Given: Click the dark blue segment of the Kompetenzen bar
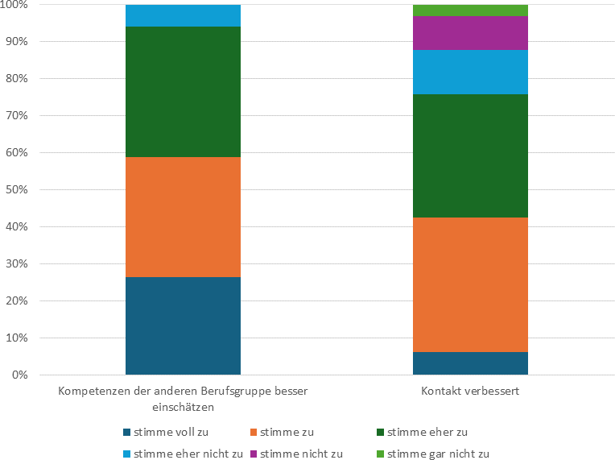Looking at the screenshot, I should tap(183, 325).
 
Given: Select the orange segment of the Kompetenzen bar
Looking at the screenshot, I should tap(183, 217).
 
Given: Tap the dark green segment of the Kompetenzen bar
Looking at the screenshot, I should tap(183, 92).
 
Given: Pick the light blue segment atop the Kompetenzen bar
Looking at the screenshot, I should tap(183, 15).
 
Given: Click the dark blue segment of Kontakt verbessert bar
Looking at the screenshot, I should tap(470, 363).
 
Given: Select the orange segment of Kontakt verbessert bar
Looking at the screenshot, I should tap(470, 284).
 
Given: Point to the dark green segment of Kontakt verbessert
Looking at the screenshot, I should tap(470, 155).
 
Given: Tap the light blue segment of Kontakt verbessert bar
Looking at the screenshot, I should tap(470, 72).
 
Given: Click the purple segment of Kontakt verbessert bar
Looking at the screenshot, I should tap(470, 32).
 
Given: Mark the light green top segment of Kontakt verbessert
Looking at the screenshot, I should tap(470, 10).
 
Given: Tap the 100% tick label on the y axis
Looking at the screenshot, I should tap(14, 5).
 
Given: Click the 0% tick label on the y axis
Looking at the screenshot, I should tap(19, 375).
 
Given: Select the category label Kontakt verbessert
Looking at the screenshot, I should tap(469, 392).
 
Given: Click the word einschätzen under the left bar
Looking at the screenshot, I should tap(183, 407).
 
